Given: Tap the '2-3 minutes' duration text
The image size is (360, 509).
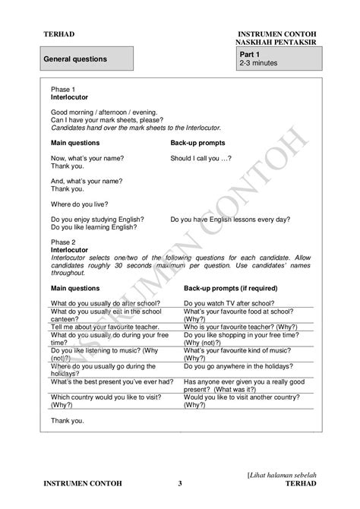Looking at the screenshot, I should pyautogui.click(x=258, y=63).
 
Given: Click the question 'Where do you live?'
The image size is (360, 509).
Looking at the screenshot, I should pyautogui.click(x=79, y=203).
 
